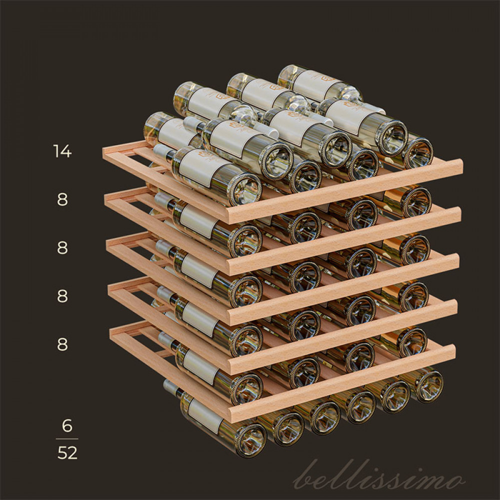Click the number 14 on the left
pos(62,151)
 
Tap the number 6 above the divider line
pos(67,425)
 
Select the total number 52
pos(67,453)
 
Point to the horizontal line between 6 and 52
pos(67,439)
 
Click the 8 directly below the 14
pos(62,199)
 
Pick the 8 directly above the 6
pos(62,344)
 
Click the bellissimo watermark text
pos(378,475)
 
